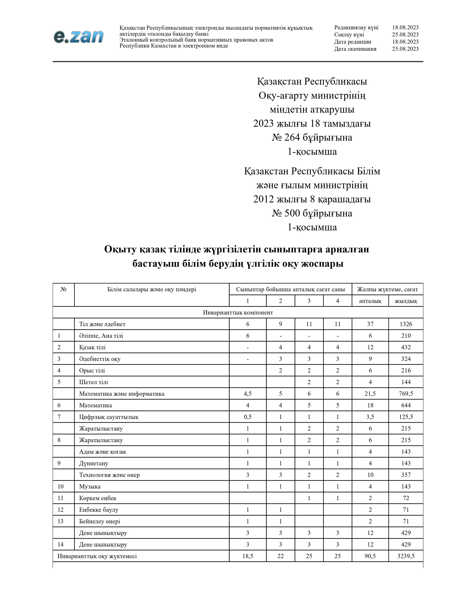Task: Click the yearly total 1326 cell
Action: (406, 324)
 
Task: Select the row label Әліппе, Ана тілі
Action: (101, 336)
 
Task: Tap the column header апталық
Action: (370, 301)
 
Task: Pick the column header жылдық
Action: (406, 301)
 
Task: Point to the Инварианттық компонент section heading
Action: (238, 312)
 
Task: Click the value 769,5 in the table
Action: (406, 394)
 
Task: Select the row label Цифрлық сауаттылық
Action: (109, 417)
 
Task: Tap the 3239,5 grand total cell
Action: (406, 556)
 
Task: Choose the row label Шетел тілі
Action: (93, 382)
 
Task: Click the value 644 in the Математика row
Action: (406, 405)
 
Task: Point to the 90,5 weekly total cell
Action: (370, 556)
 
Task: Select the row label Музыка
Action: (90, 486)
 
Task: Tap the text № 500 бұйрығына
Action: (312, 213)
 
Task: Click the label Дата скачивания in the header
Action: (355, 49)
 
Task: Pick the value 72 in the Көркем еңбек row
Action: (406, 498)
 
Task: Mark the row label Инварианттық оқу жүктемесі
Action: (97, 556)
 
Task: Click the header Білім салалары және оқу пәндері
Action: (151, 289)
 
